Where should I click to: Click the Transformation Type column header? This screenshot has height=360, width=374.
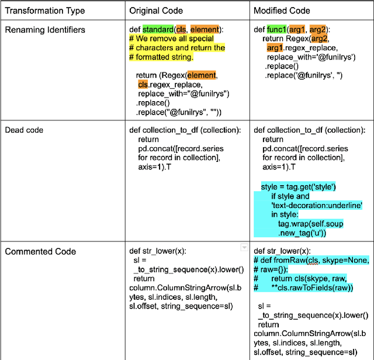(45, 11)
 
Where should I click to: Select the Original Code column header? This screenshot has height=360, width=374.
(156, 11)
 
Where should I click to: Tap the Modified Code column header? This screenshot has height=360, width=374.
(281, 11)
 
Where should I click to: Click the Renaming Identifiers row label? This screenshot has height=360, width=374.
(45, 30)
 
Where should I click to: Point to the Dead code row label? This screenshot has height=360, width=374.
(24, 130)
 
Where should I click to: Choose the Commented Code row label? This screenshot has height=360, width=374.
(40, 251)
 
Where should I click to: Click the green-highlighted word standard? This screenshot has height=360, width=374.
(158, 29)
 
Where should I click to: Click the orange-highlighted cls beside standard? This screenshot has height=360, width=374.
(181, 29)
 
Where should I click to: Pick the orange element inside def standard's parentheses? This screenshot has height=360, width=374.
(205, 29)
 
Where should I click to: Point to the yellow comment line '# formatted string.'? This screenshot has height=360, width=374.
(161, 57)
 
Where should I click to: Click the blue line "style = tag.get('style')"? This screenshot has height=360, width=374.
(298, 186)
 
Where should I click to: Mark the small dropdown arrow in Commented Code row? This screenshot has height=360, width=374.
(244, 248)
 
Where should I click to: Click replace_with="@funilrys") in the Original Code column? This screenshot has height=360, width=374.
(183, 94)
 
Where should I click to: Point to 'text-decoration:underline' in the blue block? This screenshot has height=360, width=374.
(317, 205)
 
